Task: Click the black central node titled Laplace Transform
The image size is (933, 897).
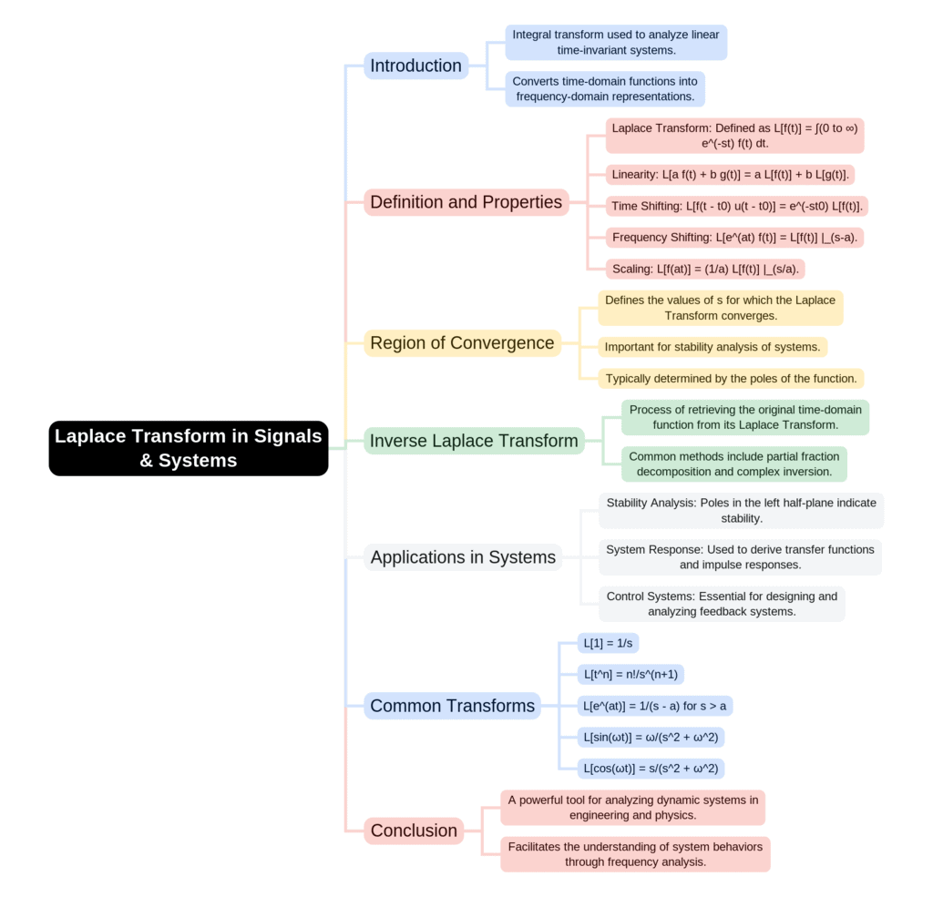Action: point(189,448)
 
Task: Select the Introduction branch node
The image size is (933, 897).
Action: point(415,66)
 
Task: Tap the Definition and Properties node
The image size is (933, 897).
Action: point(466,202)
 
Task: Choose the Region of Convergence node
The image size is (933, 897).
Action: point(462,343)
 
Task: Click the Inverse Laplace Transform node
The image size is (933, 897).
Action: point(474,441)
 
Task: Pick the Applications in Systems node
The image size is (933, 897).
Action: point(463,557)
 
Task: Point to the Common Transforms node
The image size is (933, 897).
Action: point(452,706)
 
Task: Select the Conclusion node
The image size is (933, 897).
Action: point(414,831)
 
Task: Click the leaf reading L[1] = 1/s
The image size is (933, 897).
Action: point(608,643)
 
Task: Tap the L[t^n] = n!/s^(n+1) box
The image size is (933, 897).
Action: point(631,675)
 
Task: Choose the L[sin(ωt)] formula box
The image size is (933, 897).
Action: point(651,738)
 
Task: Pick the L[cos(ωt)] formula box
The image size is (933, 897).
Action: point(651,769)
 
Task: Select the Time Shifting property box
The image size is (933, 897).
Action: point(736,206)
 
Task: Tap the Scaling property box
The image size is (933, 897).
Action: point(705,269)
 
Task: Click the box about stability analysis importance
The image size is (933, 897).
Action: point(713,347)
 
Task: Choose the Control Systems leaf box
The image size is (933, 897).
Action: point(722,604)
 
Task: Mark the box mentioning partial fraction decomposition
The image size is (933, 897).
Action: point(733,464)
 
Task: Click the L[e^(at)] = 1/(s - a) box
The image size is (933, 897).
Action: point(655,706)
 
